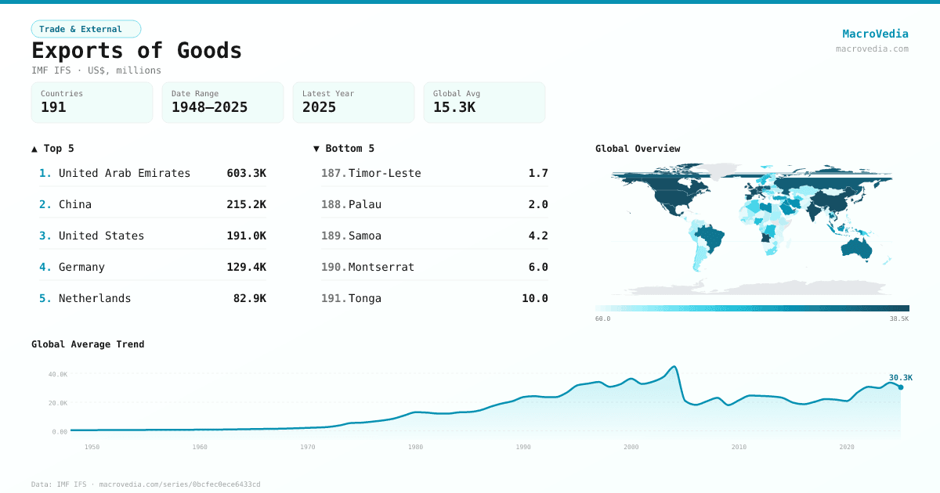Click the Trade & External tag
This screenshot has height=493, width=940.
(x=85, y=29)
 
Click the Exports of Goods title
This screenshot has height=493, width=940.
(x=136, y=51)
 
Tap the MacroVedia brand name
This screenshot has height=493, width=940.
(x=875, y=34)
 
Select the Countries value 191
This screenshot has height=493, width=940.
(x=53, y=107)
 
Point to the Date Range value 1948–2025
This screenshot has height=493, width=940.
(x=209, y=107)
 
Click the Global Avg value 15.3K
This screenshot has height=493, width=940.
(x=454, y=107)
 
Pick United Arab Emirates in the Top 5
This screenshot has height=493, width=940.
(x=125, y=173)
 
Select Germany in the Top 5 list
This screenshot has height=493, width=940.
(x=81, y=267)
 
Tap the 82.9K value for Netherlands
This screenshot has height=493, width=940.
(x=249, y=298)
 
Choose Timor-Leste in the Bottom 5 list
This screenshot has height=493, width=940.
(x=385, y=173)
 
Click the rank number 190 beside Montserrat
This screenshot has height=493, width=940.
(x=333, y=267)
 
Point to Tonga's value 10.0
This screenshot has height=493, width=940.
(x=535, y=298)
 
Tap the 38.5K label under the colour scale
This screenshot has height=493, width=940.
(x=898, y=318)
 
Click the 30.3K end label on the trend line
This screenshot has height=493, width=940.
(x=900, y=378)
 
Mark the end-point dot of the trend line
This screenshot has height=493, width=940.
(x=901, y=387)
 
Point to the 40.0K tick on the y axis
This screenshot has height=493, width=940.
(x=58, y=374)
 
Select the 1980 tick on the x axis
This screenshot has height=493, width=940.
(x=415, y=447)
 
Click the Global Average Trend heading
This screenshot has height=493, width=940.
(x=88, y=344)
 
